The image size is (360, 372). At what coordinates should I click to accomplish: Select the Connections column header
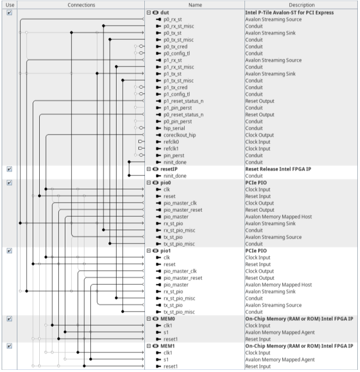tap(81, 5)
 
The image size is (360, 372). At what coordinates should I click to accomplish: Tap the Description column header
tap(302, 5)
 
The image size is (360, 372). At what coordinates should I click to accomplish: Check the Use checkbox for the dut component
tap(9, 13)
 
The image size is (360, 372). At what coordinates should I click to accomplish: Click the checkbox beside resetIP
tap(9, 169)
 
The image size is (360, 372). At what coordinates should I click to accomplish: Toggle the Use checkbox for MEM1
tap(9, 346)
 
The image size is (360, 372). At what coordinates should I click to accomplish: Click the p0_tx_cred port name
tap(175, 47)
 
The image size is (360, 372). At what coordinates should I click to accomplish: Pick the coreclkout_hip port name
tap(179, 135)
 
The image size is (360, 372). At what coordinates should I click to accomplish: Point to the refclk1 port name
tap(172, 149)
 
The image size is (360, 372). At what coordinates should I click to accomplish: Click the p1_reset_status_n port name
tap(183, 101)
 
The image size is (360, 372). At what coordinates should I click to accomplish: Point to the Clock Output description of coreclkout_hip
tap(259, 135)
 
